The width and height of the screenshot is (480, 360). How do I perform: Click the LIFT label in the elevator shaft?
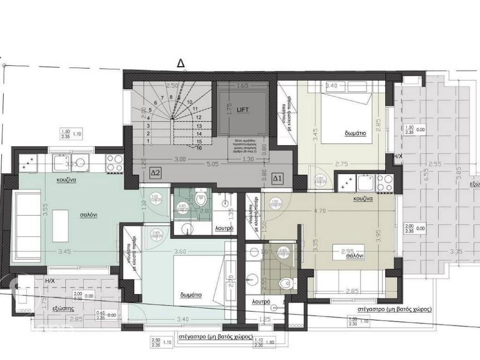tap(242, 110)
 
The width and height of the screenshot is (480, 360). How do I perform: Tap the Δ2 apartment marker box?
tap(155, 173)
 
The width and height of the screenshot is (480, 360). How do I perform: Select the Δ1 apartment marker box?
tap(277, 178)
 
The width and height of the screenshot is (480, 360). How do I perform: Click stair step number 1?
tap(148, 141)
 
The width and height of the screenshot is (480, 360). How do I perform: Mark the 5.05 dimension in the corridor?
tap(213, 165)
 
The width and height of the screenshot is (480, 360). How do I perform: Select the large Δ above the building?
tap(180, 62)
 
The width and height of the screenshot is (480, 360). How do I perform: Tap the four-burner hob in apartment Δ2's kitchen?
tap(114, 164)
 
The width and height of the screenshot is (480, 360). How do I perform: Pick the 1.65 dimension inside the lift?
tap(242, 86)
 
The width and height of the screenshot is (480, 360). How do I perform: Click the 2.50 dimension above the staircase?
tap(172, 86)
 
